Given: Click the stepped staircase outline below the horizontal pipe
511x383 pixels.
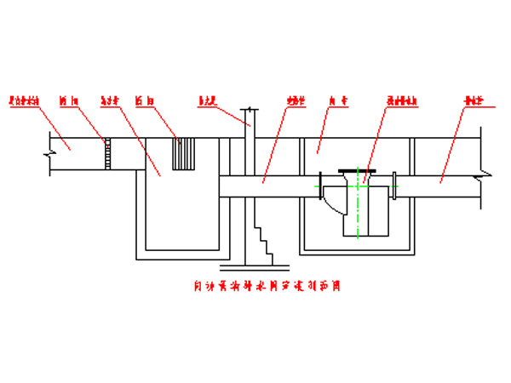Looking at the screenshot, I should pyautogui.click(x=265, y=238).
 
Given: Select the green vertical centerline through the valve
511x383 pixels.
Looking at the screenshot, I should pyautogui.click(x=359, y=213).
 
